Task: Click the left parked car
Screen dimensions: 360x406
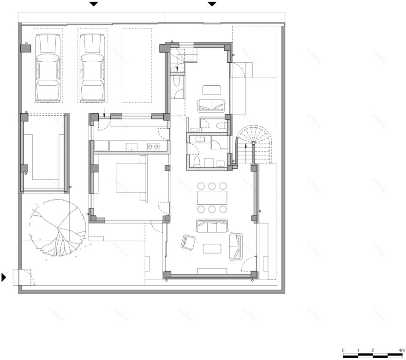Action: pyautogui.click(x=48, y=67)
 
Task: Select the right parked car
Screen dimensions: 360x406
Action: pyautogui.click(x=92, y=67)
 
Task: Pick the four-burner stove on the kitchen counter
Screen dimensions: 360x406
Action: pyautogui.click(x=154, y=147)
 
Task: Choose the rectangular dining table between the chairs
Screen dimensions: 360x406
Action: pyautogui.click(x=212, y=198)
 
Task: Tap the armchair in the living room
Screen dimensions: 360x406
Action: pyautogui.click(x=189, y=242)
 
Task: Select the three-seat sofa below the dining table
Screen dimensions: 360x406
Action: pyautogui.click(x=212, y=226)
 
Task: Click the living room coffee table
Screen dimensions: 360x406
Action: pyautogui.click(x=212, y=248)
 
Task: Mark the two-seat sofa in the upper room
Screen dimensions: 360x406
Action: pyautogui.click(x=211, y=106)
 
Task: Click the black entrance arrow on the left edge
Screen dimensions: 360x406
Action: pyautogui.click(x=4, y=277)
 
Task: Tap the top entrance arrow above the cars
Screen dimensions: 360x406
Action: pyautogui.click(x=94, y=4)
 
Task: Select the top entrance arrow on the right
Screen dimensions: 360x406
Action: pyautogui.click(x=212, y=4)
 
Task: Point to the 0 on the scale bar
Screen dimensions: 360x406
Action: pyautogui.click(x=343, y=351)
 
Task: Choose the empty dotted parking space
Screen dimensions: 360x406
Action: pyautogui.click(x=137, y=65)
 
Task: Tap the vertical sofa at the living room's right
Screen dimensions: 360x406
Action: pyautogui.click(x=235, y=246)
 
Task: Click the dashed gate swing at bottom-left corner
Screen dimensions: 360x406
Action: pyautogui.click(x=22, y=277)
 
